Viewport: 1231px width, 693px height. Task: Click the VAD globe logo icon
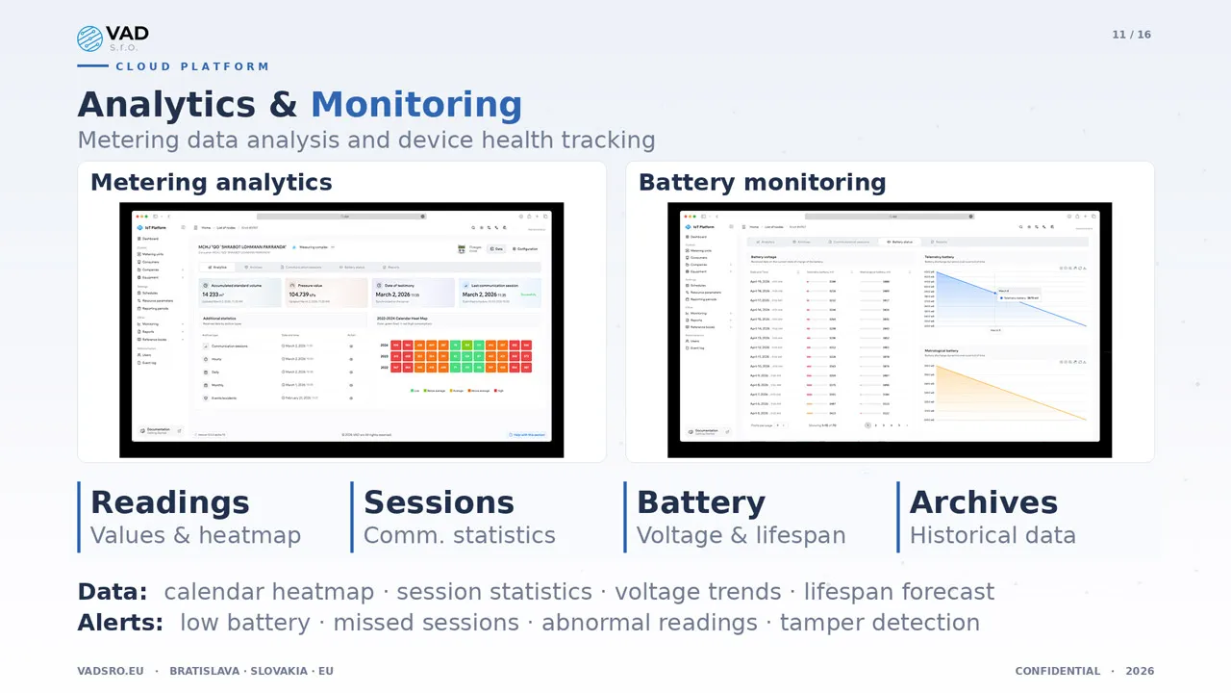click(89, 38)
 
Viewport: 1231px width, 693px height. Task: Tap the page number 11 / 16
click(1131, 35)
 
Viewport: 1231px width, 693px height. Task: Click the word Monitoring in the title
click(415, 105)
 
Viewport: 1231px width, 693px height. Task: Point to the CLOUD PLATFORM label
click(192, 66)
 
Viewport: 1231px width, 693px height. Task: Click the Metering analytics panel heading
click(211, 182)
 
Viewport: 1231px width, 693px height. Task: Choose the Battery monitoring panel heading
click(762, 182)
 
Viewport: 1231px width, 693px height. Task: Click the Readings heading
click(169, 502)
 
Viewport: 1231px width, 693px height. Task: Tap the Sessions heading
click(439, 502)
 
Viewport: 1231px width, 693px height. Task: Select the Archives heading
click(983, 502)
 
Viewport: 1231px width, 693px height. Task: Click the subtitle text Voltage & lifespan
click(741, 535)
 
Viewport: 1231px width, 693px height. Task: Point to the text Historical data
click(992, 535)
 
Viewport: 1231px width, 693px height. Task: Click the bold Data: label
click(113, 591)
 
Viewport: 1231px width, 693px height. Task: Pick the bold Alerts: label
click(120, 623)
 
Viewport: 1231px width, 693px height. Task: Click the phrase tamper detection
click(879, 623)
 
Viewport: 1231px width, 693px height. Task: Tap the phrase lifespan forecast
click(898, 591)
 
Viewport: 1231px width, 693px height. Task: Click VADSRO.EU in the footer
click(111, 671)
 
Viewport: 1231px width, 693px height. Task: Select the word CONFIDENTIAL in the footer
click(1057, 671)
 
